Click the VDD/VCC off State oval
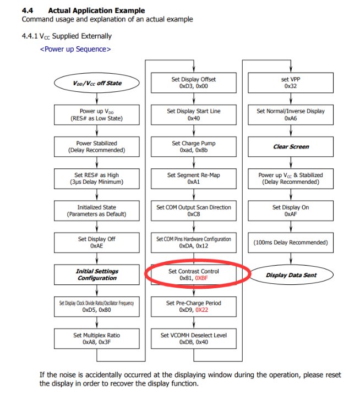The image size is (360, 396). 96,83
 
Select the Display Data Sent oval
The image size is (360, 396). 291,275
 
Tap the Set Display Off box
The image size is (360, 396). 96,243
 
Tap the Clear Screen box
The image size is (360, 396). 291,147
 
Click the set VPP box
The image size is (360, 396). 291,83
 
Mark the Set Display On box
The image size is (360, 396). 291,211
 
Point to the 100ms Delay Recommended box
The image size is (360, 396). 291,243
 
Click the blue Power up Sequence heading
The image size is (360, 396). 75,50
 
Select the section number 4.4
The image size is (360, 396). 27,10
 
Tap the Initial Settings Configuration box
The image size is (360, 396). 96,274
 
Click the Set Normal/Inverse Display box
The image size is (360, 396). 291,115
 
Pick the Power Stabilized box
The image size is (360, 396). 96,147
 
